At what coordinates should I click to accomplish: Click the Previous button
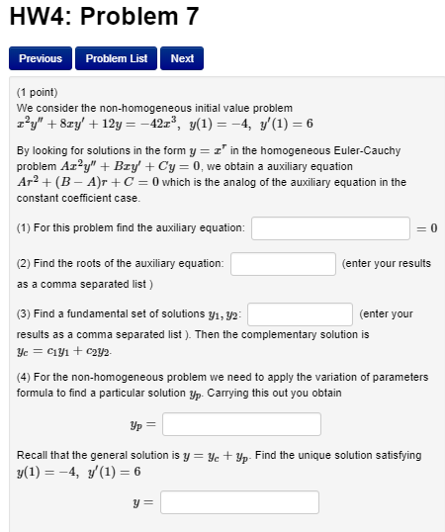click(41, 58)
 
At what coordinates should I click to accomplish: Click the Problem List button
click(116, 58)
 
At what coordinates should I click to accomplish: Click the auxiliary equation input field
click(330, 228)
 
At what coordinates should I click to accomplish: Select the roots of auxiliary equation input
click(283, 264)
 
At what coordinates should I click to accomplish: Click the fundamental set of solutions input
click(300, 313)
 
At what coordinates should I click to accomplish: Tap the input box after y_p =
click(241, 424)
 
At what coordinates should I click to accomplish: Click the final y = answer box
click(239, 502)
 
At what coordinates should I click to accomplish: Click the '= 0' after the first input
click(427, 228)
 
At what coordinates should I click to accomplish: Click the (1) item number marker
click(24, 228)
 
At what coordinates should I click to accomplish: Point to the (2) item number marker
click(24, 264)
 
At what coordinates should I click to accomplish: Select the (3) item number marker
click(24, 313)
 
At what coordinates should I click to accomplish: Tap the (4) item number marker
click(24, 377)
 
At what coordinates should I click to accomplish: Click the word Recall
click(34, 455)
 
